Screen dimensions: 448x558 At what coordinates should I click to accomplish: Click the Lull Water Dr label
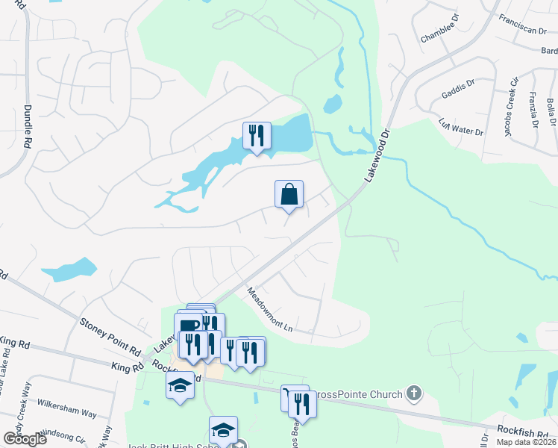click(x=461, y=126)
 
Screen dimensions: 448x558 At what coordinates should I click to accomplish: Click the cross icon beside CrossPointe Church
click(x=415, y=393)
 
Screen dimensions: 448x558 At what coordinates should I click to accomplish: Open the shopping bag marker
click(x=289, y=194)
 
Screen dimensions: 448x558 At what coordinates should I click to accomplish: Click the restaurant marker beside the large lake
click(x=257, y=136)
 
